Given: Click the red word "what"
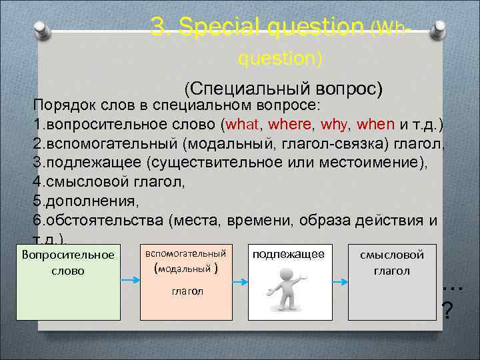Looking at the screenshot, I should [245, 124].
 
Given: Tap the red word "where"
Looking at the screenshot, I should [291, 124].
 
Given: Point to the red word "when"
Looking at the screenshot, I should [376, 124].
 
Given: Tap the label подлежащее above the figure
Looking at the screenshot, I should [288, 254].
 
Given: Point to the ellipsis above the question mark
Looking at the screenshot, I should [453, 287].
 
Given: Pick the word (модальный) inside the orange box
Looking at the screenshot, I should [186, 269].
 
